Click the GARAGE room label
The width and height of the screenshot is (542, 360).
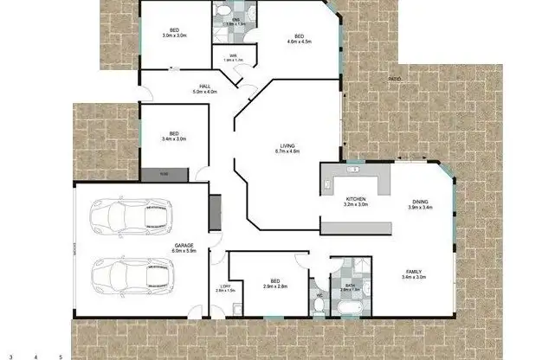pyautogui.click(x=184, y=247)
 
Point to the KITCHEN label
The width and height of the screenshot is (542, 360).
pyautogui.click(x=356, y=202)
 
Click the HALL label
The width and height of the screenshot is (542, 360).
pyautogui.click(x=205, y=87)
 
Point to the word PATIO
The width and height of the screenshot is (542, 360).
pyautogui.click(x=395, y=80)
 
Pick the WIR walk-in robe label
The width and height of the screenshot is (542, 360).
pyautogui.click(x=232, y=57)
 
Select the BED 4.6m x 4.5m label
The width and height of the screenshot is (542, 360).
pyautogui.click(x=299, y=37)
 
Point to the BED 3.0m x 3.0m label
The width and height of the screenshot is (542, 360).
pyautogui.click(x=174, y=32)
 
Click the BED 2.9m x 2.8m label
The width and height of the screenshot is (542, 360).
pyautogui.click(x=274, y=283)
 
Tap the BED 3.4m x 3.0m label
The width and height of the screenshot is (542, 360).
pyautogui.click(x=173, y=135)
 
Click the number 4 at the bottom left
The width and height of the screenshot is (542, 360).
pyautogui.click(x=35, y=356)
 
